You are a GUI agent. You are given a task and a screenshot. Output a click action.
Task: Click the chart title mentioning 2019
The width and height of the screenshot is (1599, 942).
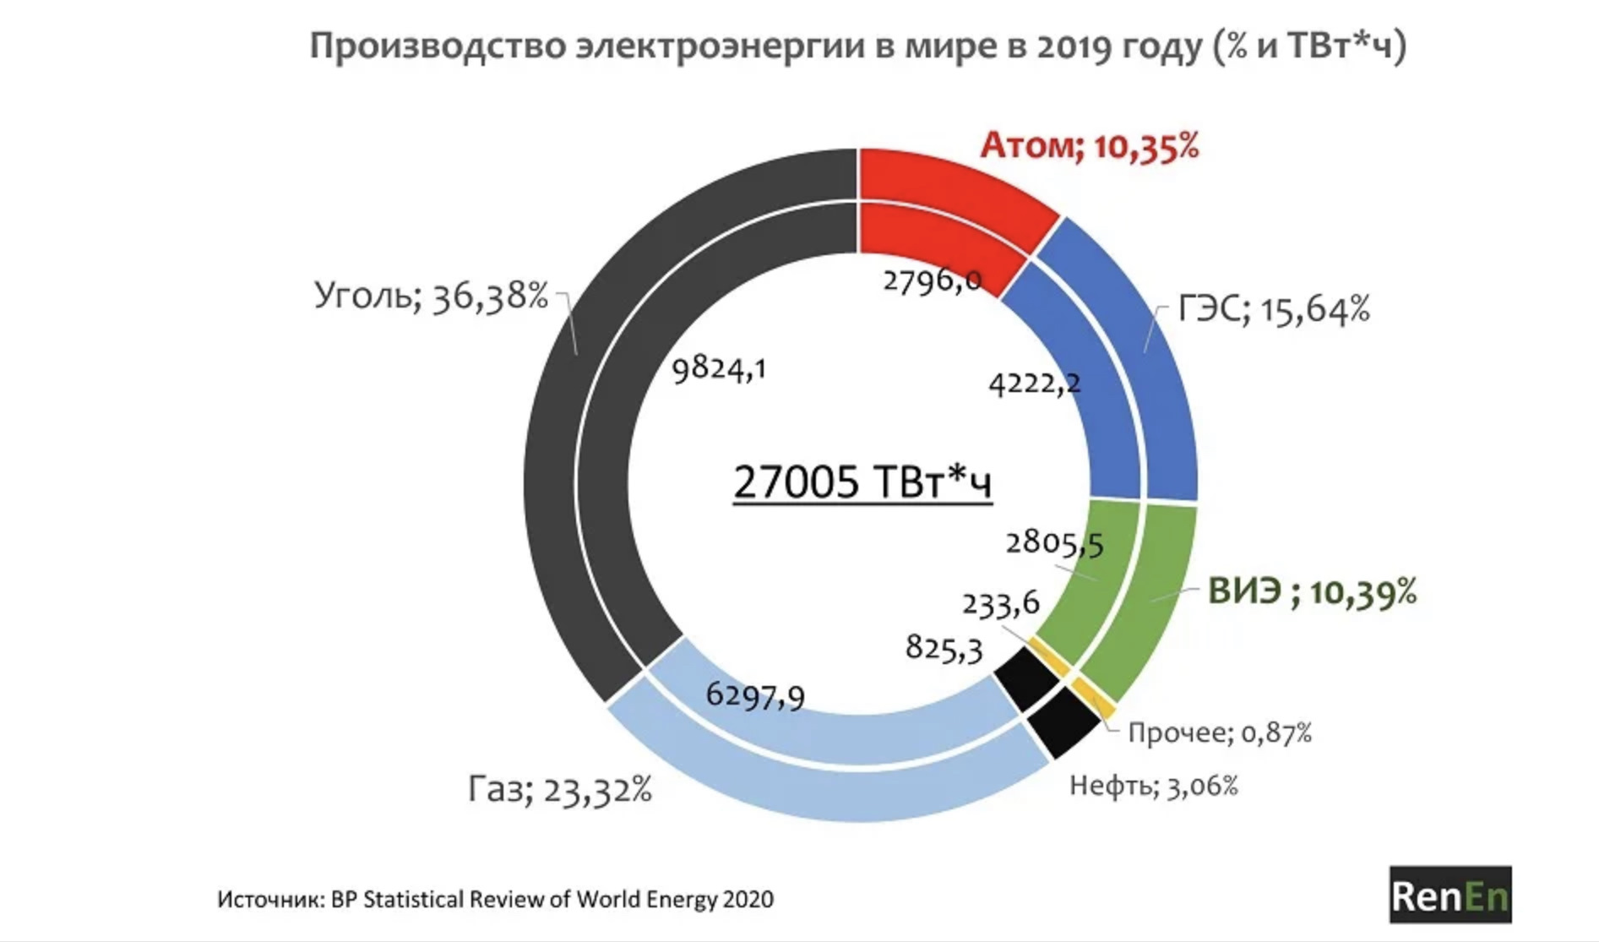pos(857,46)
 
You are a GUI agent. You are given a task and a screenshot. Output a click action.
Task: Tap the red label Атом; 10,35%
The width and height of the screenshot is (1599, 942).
pos(1089,147)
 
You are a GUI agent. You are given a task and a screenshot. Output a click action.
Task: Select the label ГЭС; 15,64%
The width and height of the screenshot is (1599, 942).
pos(1273,310)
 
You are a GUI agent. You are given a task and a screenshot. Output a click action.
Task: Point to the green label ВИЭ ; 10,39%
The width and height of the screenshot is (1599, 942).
pos(1312,591)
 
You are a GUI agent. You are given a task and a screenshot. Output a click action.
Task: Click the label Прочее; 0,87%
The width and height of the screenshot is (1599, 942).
pos(1220,732)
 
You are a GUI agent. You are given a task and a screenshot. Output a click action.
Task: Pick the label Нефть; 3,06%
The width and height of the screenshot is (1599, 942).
pos(1153,787)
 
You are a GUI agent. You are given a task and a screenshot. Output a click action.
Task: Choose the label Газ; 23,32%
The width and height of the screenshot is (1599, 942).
pos(560,790)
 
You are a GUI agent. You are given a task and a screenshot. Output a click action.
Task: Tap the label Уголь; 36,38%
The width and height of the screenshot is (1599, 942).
pos(431,296)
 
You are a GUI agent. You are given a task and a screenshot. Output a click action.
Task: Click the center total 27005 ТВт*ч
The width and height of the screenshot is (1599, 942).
pos(862,482)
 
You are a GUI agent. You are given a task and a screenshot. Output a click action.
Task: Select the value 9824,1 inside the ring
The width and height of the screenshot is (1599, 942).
pos(719,369)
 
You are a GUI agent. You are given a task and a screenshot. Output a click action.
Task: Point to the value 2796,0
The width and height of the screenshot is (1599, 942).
pos(932,280)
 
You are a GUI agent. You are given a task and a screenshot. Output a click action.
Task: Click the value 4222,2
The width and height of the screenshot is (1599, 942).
pos(1034,384)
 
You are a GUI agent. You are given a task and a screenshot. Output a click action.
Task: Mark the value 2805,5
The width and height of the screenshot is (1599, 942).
pos(1054,543)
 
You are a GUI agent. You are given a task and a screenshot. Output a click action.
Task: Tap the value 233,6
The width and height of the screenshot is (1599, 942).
pos(1000,604)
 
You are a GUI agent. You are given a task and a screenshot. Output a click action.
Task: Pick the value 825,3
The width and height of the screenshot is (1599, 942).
pos(944,649)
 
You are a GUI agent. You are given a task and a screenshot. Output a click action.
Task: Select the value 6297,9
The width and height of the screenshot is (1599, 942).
pos(755,695)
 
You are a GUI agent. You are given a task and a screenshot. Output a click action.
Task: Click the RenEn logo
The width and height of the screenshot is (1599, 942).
pos(1449,895)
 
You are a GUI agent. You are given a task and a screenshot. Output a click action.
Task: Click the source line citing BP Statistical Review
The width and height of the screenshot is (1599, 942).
pos(495,899)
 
